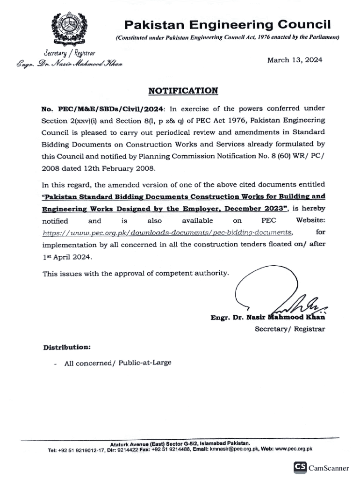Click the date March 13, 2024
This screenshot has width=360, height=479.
click(x=295, y=60)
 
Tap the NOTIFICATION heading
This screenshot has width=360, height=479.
click(x=183, y=91)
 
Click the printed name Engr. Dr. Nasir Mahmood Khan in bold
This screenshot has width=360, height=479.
click(x=268, y=318)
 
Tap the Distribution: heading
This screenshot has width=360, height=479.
click(x=67, y=348)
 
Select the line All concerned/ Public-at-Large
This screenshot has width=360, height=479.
click(x=118, y=363)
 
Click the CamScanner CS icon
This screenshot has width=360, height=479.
click(x=300, y=467)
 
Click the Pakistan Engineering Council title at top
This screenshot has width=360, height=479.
click(x=227, y=24)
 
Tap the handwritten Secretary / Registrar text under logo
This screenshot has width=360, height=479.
click(x=69, y=53)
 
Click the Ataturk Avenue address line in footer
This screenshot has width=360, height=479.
click(x=180, y=443)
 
